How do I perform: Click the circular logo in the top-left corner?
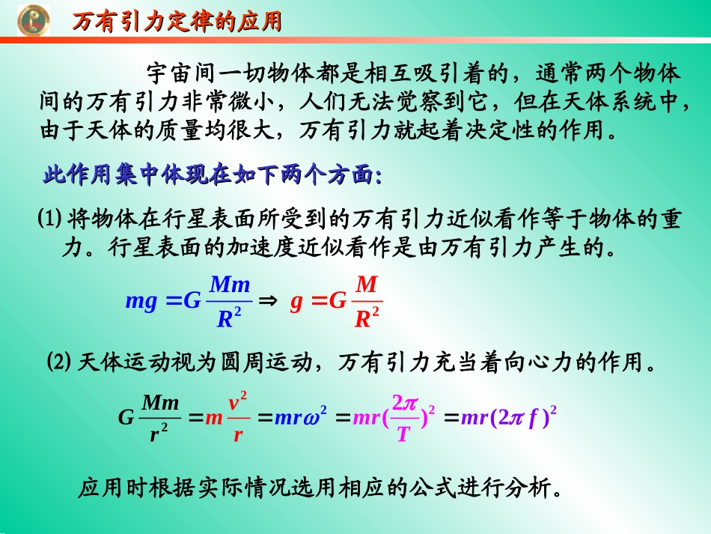(34, 20)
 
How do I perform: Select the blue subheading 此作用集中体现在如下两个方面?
(212, 176)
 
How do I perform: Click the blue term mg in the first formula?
(141, 302)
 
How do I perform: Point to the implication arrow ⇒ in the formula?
(267, 301)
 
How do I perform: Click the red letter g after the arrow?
(296, 302)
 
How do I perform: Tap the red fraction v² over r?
(238, 417)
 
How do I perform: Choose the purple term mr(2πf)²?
(510, 417)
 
